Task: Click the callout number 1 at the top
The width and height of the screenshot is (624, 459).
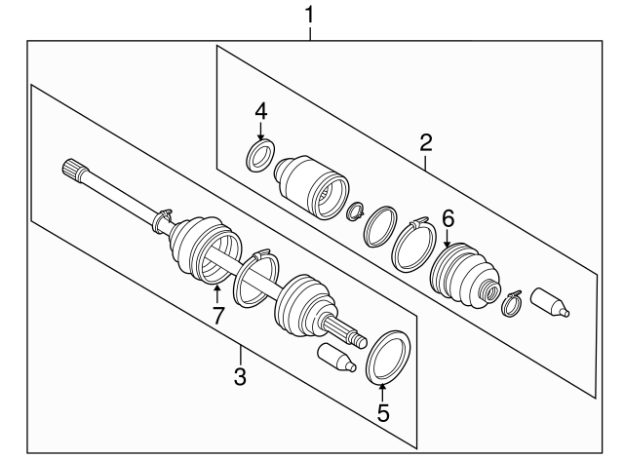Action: pyautogui.click(x=309, y=16)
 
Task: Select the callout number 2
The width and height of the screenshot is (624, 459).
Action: pyautogui.click(x=425, y=143)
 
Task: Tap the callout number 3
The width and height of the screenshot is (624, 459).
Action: pyautogui.click(x=240, y=376)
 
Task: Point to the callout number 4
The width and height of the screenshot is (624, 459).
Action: pyautogui.click(x=260, y=111)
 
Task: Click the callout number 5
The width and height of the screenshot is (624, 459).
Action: pyautogui.click(x=383, y=413)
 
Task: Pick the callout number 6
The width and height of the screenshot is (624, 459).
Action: pyautogui.click(x=448, y=218)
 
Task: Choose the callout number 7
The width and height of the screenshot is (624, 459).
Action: pyautogui.click(x=217, y=315)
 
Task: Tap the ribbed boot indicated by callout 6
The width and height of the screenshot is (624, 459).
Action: pyautogui.click(x=464, y=276)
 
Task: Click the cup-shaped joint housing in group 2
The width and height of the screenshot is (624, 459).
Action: pyautogui.click(x=310, y=186)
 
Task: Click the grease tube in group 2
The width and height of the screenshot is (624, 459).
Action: pyautogui.click(x=550, y=303)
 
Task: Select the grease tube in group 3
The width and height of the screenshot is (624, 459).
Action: pyautogui.click(x=336, y=358)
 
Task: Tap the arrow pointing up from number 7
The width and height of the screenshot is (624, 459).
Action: pyautogui.click(x=216, y=294)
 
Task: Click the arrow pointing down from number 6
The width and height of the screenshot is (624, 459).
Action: pyautogui.click(x=448, y=238)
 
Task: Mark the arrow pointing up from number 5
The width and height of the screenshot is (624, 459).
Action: pyautogui.click(x=382, y=392)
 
